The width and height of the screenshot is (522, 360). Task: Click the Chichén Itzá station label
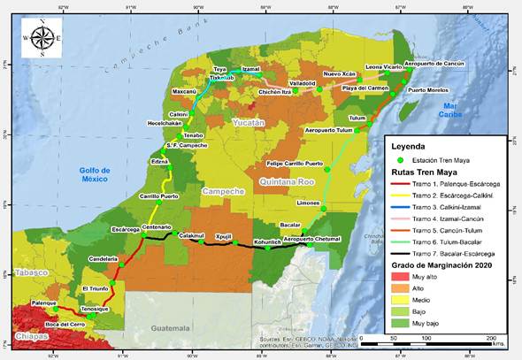(x=274, y=92)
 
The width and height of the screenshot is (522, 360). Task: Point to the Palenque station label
(x=44, y=303)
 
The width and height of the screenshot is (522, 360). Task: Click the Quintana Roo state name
(x=287, y=181)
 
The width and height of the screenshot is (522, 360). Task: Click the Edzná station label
(x=160, y=163)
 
